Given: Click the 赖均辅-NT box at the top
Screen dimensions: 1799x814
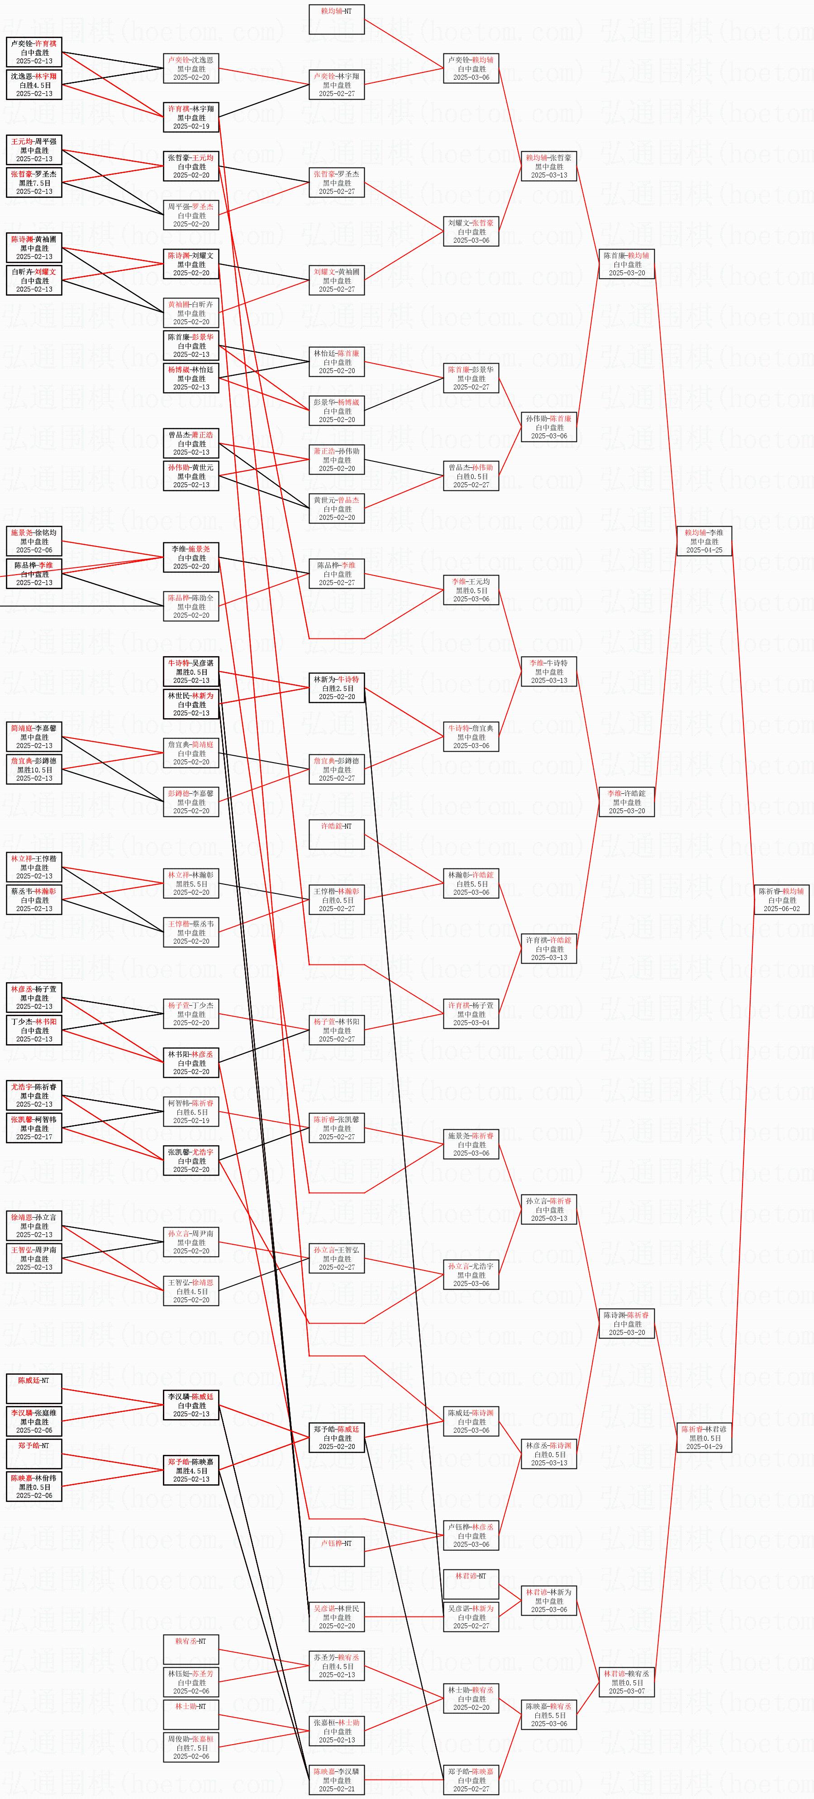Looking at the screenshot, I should (x=337, y=19).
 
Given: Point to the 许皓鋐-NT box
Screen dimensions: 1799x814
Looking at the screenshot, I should (x=337, y=835).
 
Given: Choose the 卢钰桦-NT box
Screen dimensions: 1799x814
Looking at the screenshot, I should (x=337, y=1552).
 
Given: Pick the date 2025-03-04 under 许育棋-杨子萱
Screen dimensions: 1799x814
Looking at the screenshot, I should (x=471, y=1023).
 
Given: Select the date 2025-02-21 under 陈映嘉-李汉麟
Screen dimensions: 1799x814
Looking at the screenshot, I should (x=337, y=1789).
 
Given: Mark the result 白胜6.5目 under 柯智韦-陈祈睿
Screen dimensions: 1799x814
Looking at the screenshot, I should (x=191, y=1112).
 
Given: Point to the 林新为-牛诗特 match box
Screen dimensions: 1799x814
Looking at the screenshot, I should (x=337, y=688).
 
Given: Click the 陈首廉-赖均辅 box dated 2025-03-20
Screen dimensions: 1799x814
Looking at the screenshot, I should (x=626, y=264).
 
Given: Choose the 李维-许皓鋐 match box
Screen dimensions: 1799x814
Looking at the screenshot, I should (x=626, y=802).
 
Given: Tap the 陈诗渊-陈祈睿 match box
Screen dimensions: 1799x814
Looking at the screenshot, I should (x=626, y=1324).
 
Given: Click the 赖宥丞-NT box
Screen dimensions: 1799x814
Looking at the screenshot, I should (x=191, y=1650).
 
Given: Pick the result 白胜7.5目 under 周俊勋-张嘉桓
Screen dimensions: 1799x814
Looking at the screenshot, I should (x=191, y=1748).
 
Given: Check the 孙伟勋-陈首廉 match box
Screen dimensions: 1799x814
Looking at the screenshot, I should (x=549, y=427).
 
